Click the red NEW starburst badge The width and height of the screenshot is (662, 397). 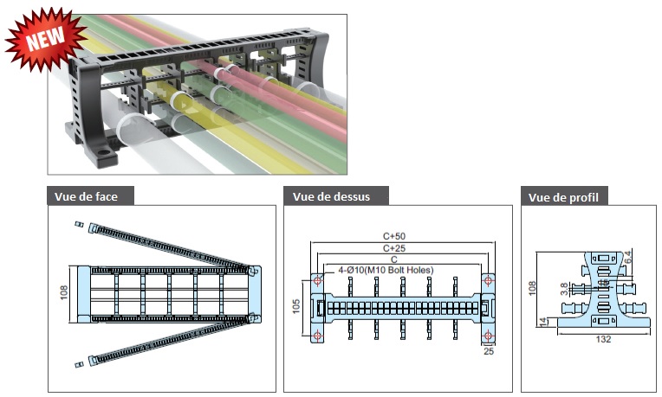45,39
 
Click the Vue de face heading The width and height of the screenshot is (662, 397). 86,197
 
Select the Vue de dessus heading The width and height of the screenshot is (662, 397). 331,197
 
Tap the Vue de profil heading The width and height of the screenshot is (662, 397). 563,197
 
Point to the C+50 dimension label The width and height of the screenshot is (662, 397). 394,236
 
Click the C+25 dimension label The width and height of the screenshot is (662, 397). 394,248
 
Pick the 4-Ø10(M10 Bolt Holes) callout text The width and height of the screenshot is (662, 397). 386,270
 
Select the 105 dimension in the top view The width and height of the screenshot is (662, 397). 296,306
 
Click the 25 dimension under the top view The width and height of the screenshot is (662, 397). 489,351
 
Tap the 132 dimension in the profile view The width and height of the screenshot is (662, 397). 603,340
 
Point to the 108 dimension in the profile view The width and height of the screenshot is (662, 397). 532,288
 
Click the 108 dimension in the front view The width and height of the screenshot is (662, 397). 64,292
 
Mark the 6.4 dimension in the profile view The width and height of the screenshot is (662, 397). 627,257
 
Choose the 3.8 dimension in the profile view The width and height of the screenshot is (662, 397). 564,289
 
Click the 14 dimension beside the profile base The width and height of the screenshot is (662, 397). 543,323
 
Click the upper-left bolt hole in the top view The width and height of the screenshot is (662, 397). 317,280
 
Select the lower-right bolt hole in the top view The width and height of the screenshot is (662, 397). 489,336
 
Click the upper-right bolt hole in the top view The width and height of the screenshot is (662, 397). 489,280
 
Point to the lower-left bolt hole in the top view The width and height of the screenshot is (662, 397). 317,336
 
